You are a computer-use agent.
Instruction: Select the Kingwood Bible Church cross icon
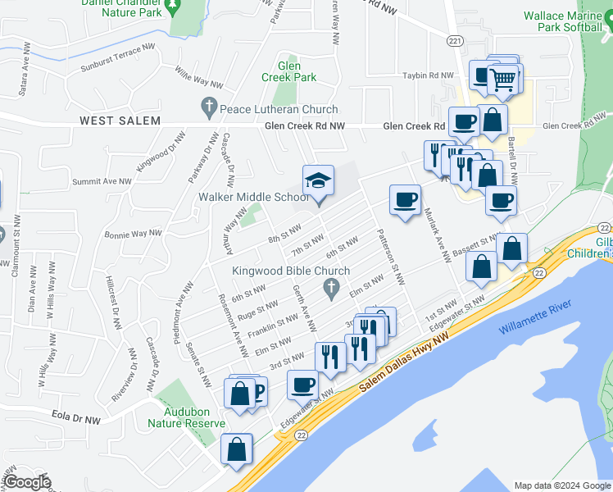331,287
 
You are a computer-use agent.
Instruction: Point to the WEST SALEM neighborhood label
118,121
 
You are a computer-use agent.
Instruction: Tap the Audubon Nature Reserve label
186,417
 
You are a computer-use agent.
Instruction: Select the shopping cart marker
502,80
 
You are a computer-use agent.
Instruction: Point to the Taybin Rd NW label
429,75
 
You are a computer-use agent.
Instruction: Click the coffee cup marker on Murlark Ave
405,200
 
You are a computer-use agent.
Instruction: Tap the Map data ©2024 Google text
561,485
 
